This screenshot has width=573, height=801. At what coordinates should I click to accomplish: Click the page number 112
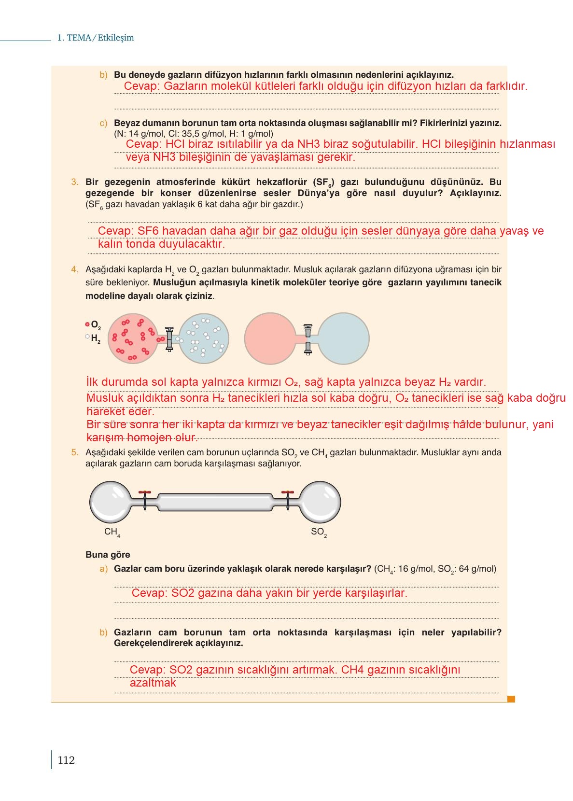[x=66, y=760]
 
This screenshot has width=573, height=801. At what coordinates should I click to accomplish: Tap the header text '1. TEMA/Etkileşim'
[x=96, y=38]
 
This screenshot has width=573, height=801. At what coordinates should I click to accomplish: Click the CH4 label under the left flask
[x=112, y=532]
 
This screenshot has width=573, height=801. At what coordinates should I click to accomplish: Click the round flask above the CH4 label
[x=111, y=502]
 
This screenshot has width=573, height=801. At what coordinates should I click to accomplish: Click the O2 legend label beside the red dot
[x=96, y=325]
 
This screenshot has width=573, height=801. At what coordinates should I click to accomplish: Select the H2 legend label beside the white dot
[x=96, y=339]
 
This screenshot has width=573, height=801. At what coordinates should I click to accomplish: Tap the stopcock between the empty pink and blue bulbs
[x=308, y=338]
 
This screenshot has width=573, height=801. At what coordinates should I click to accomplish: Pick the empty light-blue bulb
[x=344, y=338]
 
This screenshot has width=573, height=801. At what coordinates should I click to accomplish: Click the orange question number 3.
[x=75, y=182]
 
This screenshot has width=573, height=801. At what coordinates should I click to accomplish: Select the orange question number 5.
[x=75, y=452]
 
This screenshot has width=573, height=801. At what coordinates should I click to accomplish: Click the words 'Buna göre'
[x=108, y=555]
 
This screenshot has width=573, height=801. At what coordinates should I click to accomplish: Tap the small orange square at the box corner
[x=511, y=698]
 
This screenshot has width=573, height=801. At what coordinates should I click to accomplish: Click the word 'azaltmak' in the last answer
[x=153, y=683]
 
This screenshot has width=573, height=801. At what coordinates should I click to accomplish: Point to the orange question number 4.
[x=75, y=269]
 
